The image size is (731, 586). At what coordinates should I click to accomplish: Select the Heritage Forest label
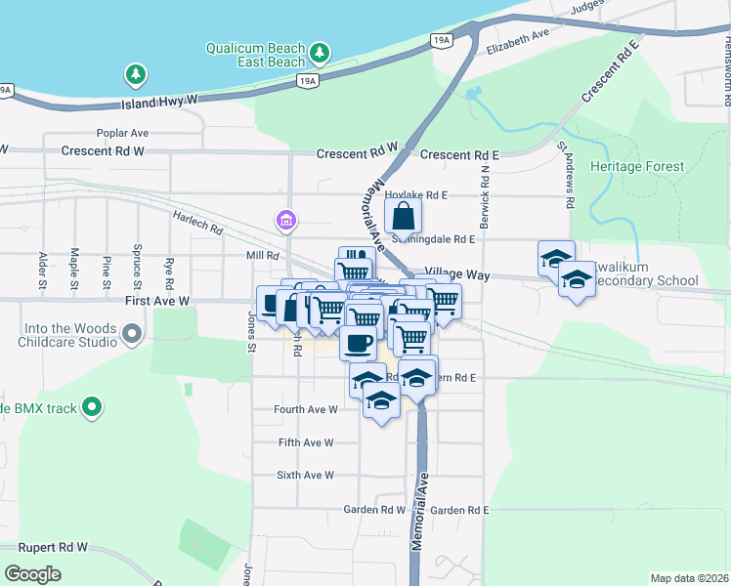point(637,166)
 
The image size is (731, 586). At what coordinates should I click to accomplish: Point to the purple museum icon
point(285,221)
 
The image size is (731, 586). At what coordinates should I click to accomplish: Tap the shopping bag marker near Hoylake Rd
point(403,217)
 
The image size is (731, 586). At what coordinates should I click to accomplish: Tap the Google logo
point(33,573)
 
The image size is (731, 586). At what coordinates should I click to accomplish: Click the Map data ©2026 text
point(689,578)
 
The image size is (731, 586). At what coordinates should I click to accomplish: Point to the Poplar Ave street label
point(122,133)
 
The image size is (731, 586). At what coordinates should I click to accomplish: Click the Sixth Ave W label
point(306,475)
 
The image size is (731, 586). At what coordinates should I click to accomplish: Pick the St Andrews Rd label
point(566,174)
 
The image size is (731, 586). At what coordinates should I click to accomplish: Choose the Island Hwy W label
point(160,101)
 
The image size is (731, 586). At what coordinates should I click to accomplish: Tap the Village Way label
point(456,275)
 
